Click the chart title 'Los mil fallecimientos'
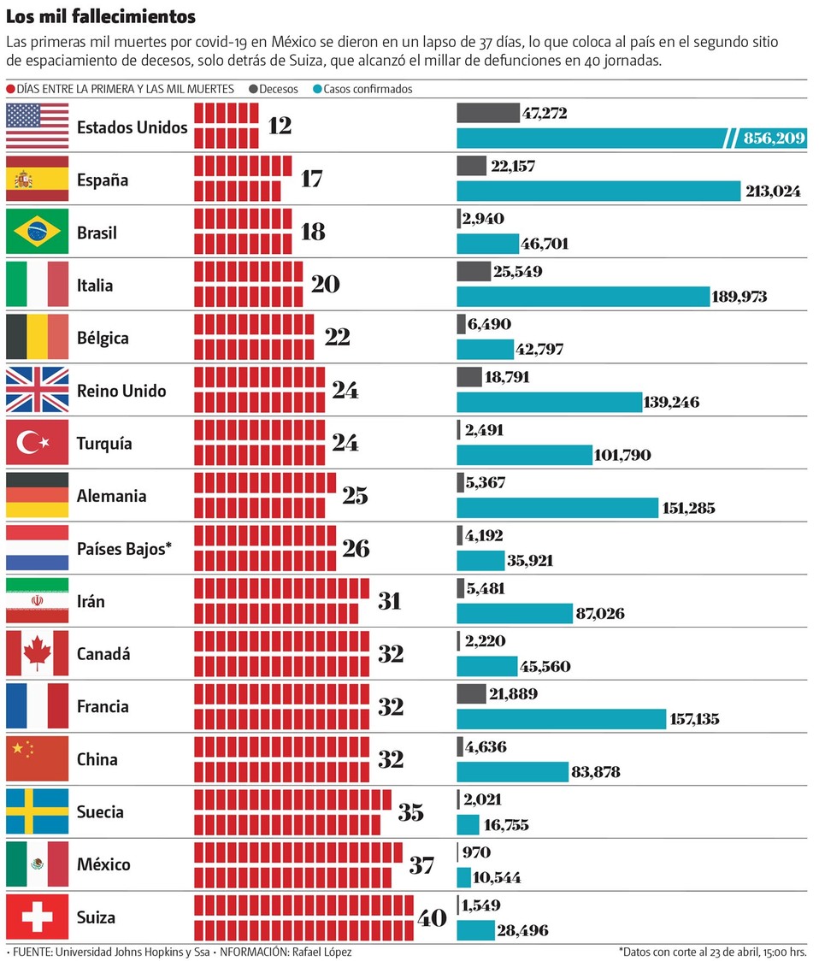coord(101,16)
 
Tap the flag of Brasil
coord(37,232)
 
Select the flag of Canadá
coord(37,653)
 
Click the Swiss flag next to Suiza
coord(37,917)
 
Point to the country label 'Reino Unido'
coord(121,391)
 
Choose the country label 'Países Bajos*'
coord(124,549)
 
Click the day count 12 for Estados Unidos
coord(280,126)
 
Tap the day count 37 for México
coord(421,864)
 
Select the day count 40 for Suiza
coord(432,918)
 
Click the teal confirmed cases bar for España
coord(598,191)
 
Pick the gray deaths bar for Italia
coord(474,272)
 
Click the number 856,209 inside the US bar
coord(769,138)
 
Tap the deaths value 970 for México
coord(475,852)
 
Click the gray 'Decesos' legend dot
coord(253,89)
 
